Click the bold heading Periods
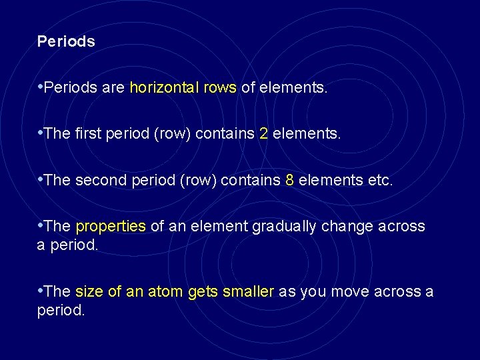66,41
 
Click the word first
89,134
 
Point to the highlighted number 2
263,134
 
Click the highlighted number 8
289,180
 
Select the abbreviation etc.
381,180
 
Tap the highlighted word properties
111,227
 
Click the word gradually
285,227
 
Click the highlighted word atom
166,292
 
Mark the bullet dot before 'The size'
41,291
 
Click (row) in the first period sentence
175,134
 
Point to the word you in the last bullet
313,292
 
